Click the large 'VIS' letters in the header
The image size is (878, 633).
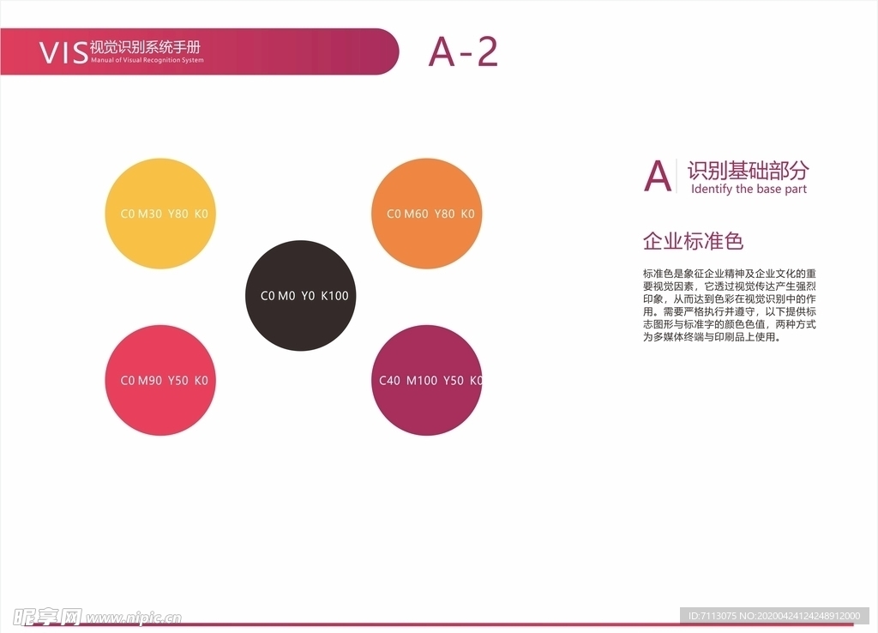[63, 52]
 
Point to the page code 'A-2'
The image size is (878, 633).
[463, 52]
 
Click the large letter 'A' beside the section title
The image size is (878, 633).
[658, 176]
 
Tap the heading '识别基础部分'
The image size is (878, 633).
[748, 170]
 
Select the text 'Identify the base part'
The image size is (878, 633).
[749, 190]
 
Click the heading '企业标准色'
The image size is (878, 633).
[693, 241]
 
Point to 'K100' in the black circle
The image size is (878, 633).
[335, 296]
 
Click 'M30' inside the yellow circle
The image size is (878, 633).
[150, 214]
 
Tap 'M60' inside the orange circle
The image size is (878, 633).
[417, 214]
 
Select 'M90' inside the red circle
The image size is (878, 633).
[150, 380]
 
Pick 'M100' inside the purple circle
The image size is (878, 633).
[422, 380]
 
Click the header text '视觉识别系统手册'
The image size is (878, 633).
[145, 47]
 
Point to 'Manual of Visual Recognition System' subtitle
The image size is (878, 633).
[147, 61]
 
